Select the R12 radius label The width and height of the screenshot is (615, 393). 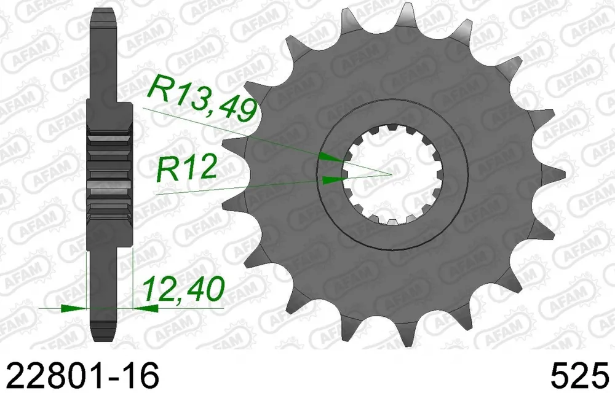click(186, 168)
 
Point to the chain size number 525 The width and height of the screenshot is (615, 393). click(582, 375)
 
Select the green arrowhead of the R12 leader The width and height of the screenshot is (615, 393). click(334, 180)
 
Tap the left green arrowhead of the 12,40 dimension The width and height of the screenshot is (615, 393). click(73, 308)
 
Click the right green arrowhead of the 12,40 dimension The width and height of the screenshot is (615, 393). click(146, 308)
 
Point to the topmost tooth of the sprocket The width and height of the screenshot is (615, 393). click(404, 18)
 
